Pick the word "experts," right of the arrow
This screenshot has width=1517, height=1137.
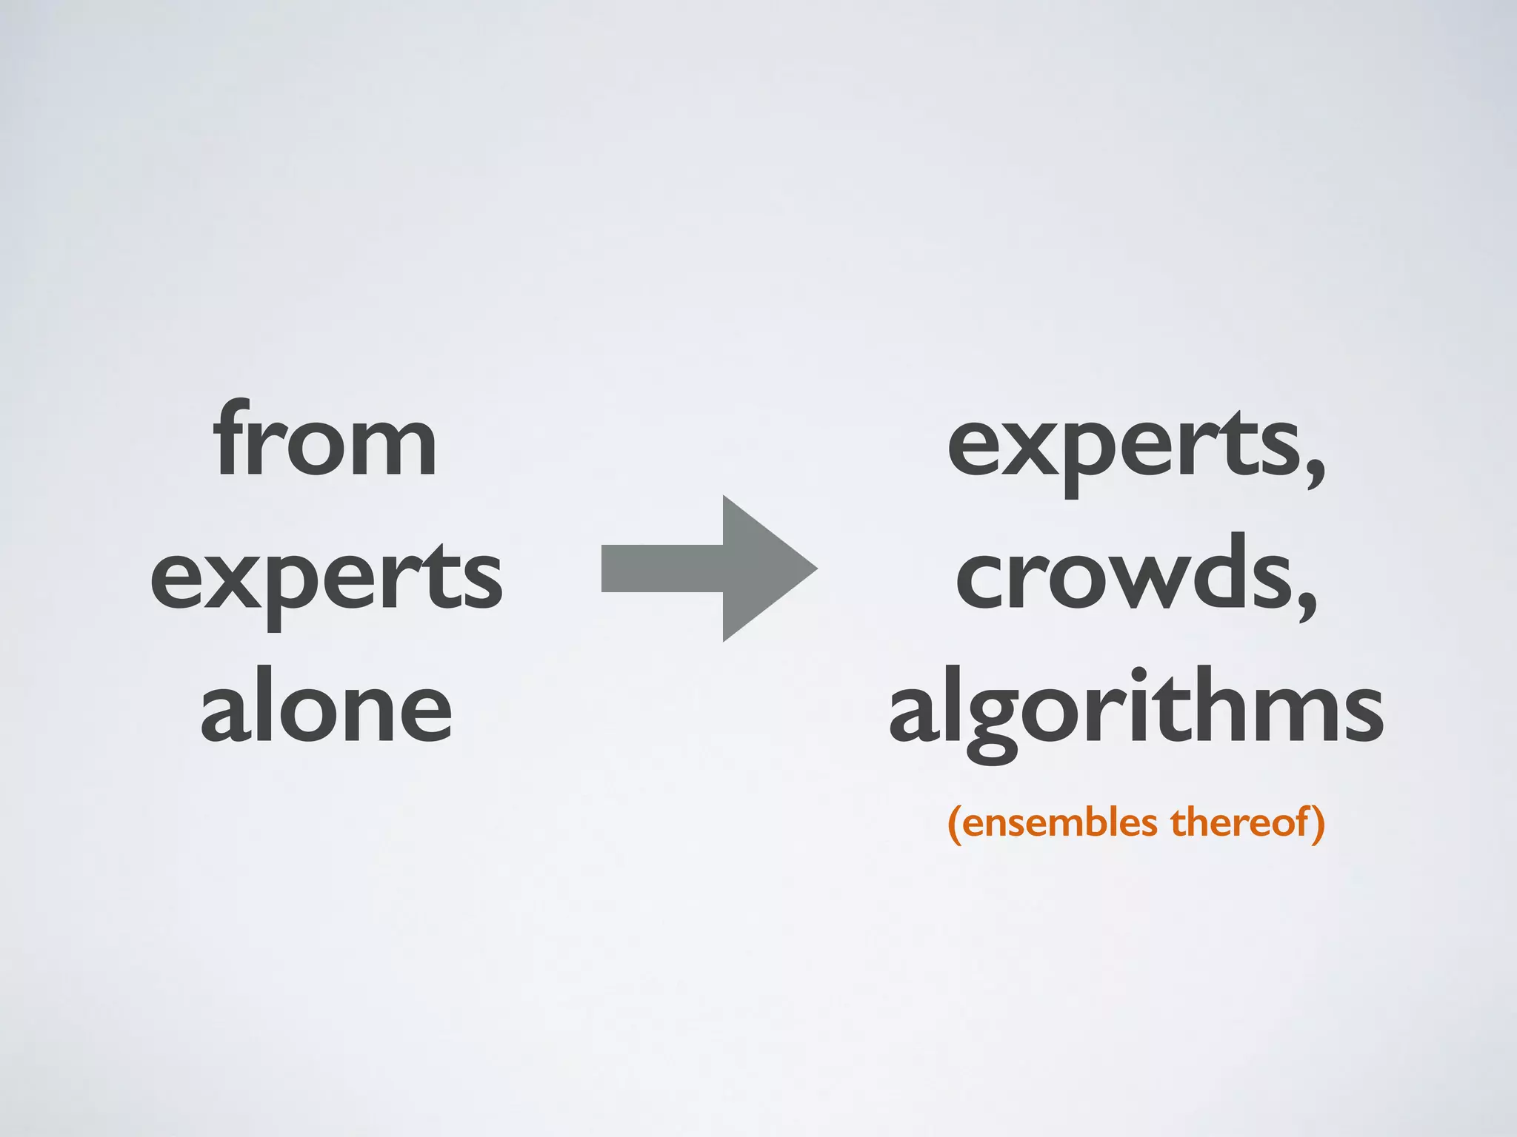point(1136,448)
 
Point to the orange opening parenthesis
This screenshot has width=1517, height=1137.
point(956,825)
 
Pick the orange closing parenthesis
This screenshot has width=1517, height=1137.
point(1318,825)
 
